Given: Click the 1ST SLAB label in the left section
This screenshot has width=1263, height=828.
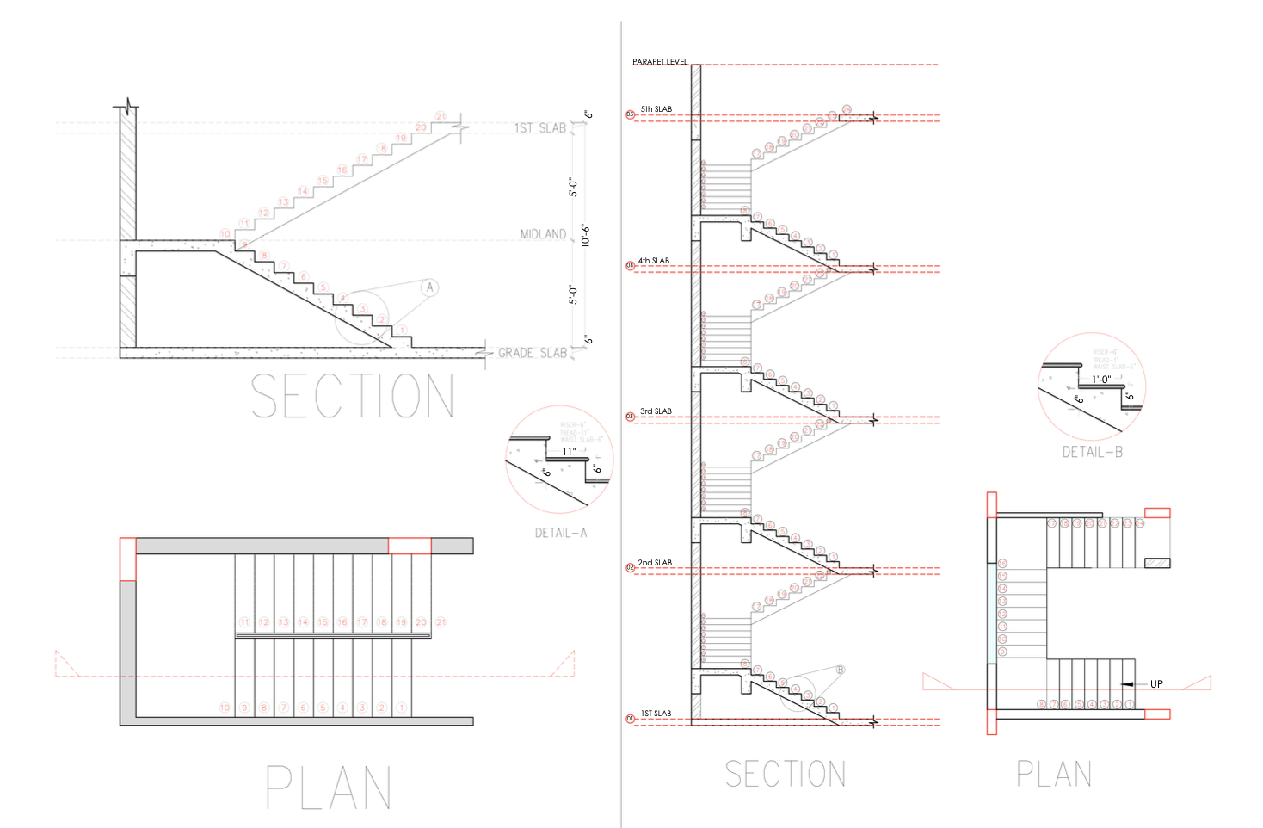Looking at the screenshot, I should click(x=540, y=128).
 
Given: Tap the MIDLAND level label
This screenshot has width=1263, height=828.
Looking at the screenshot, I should click(x=543, y=234).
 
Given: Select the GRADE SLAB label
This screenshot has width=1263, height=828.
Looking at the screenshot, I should click(x=532, y=353).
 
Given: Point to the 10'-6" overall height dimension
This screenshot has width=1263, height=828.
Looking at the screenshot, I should click(x=585, y=235).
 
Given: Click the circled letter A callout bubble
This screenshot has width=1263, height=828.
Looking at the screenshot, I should click(x=430, y=287).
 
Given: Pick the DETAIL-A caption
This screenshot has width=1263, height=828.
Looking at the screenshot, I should click(x=560, y=533).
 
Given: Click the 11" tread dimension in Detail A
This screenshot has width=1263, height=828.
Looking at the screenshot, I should click(x=569, y=451).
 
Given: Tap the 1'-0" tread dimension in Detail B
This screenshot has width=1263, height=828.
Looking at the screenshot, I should click(x=1101, y=379).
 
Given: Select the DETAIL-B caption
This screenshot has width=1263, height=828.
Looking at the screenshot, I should click(x=1092, y=452).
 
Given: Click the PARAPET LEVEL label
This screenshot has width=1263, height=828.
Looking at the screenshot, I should click(x=660, y=62).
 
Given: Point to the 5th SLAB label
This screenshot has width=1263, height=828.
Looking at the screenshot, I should click(x=656, y=109).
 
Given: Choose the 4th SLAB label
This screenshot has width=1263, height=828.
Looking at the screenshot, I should click(x=653, y=261).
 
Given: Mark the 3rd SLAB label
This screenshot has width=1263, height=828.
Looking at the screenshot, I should click(x=656, y=411).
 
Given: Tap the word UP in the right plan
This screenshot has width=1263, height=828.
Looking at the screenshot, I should click(x=1156, y=684).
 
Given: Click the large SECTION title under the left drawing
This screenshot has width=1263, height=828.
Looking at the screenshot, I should click(x=352, y=396).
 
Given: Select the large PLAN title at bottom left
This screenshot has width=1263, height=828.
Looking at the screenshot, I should click(x=328, y=788).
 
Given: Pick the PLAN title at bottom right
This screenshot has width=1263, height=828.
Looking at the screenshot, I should click(x=1054, y=774).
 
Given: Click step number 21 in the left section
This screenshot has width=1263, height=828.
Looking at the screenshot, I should click(x=441, y=116).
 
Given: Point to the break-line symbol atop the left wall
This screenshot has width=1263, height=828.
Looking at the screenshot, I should click(x=128, y=108).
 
